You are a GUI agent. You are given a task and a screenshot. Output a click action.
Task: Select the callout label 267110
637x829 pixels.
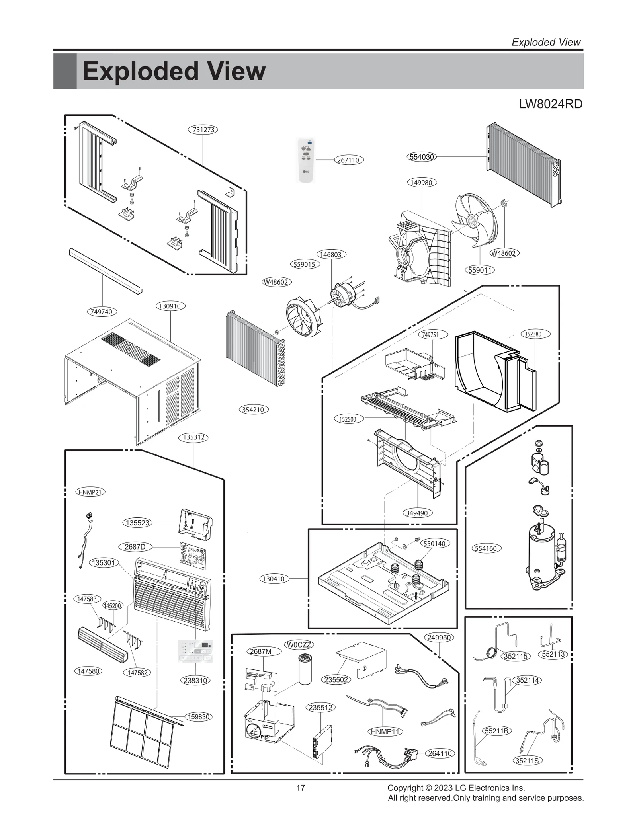click(348, 160)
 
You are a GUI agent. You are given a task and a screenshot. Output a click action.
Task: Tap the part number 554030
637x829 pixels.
click(422, 157)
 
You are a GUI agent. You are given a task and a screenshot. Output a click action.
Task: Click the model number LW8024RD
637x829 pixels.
click(551, 104)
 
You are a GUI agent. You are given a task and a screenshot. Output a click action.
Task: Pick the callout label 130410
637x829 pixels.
click(274, 579)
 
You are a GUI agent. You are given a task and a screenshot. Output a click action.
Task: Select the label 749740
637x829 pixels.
click(102, 312)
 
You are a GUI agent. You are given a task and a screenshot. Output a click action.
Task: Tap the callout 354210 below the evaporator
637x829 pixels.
click(254, 410)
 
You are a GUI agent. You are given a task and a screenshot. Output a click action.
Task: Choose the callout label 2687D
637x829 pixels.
click(135, 547)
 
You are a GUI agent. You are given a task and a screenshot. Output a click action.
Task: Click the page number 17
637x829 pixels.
click(301, 788)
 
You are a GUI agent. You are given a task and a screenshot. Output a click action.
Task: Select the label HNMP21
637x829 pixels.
click(90, 492)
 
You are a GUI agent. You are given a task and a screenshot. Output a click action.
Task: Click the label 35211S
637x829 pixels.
click(527, 761)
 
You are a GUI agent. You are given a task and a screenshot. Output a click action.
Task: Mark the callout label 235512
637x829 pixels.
click(320, 707)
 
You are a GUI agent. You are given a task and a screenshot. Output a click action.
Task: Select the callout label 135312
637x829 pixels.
click(193, 437)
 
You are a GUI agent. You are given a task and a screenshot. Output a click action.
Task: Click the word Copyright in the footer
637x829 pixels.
click(405, 788)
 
